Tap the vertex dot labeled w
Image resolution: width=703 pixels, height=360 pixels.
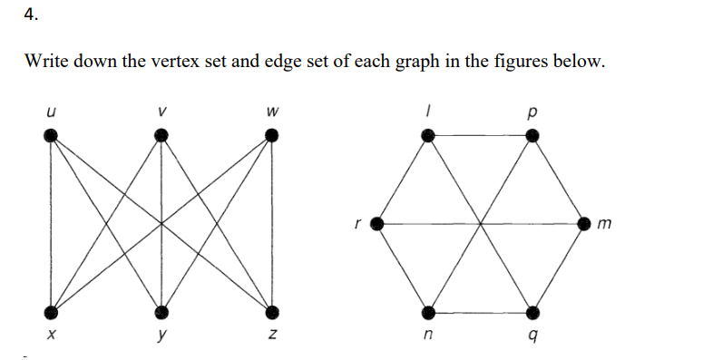[271, 136]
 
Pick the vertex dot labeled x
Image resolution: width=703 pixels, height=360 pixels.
[52, 311]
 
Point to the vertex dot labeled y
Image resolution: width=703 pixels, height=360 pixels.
[161, 311]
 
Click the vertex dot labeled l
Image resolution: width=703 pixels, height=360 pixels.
[427, 136]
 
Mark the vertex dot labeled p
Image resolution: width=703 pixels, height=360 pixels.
[533, 136]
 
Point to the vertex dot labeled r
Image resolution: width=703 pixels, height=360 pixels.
[375, 223]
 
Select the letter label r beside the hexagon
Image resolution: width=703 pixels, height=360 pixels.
[360, 220]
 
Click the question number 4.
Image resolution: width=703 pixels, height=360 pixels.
[31, 15]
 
